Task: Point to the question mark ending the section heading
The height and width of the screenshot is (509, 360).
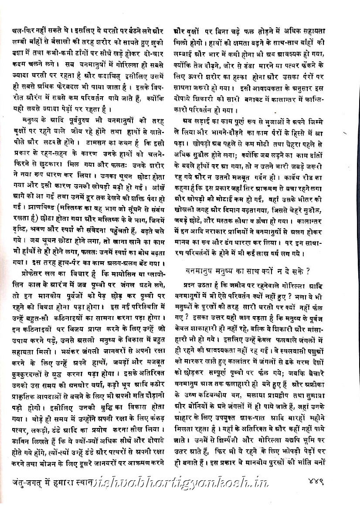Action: (308, 270)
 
